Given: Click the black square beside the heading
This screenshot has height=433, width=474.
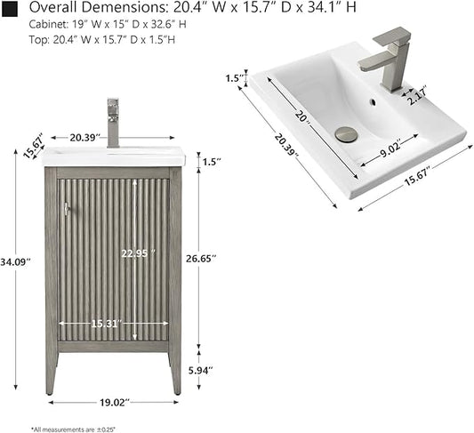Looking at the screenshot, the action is [x=10, y=9].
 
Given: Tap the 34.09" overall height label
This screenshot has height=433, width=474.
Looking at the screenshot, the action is [x=15, y=261].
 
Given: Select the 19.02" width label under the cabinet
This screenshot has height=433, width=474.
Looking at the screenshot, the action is [x=114, y=402].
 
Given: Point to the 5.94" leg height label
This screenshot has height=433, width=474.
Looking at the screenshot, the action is [x=201, y=370].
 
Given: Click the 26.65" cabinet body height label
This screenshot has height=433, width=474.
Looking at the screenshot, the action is [x=201, y=259].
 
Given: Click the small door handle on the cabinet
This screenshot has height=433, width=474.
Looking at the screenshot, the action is [x=66, y=208].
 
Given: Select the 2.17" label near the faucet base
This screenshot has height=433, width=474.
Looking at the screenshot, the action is [x=417, y=95].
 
